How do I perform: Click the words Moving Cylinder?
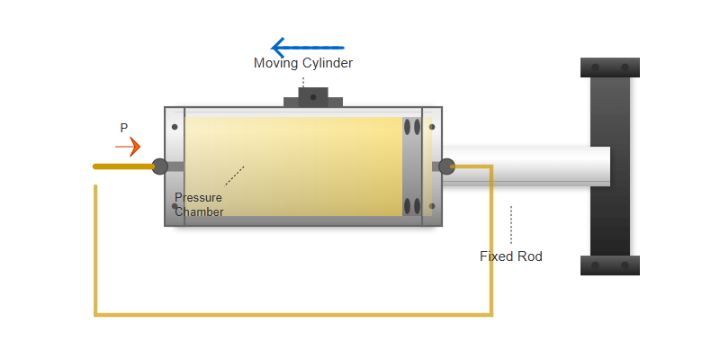[x=303, y=63]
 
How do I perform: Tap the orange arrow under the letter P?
[x=128, y=146]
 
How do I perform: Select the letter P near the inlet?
[x=124, y=129]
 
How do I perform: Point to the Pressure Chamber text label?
[x=199, y=204]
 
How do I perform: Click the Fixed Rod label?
[x=511, y=256]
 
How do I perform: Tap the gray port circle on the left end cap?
[x=159, y=166]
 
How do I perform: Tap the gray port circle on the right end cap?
[x=446, y=166]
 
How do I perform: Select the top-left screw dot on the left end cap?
[x=175, y=127]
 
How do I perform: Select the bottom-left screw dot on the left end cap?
[x=175, y=206]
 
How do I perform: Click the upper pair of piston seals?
[x=412, y=127]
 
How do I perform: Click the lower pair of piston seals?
[x=412, y=206]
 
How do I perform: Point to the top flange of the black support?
[x=610, y=67]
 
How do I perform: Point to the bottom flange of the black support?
[x=610, y=265]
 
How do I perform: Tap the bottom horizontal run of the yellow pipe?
[x=293, y=315]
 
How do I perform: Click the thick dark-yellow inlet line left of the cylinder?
[x=123, y=166]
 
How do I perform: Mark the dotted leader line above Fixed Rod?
[x=511, y=225]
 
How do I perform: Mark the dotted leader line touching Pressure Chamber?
[x=234, y=175]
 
